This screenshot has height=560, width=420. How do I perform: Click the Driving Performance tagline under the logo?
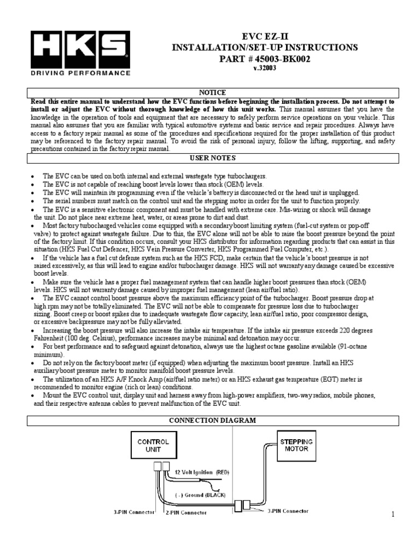coord(80,72)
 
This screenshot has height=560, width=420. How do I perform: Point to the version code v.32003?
coord(265,69)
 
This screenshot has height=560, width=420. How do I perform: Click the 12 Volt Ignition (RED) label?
coord(197,471)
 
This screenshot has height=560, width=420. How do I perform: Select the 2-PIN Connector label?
coord(186,512)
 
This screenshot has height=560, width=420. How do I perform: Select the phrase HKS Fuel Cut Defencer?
coord(92,249)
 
